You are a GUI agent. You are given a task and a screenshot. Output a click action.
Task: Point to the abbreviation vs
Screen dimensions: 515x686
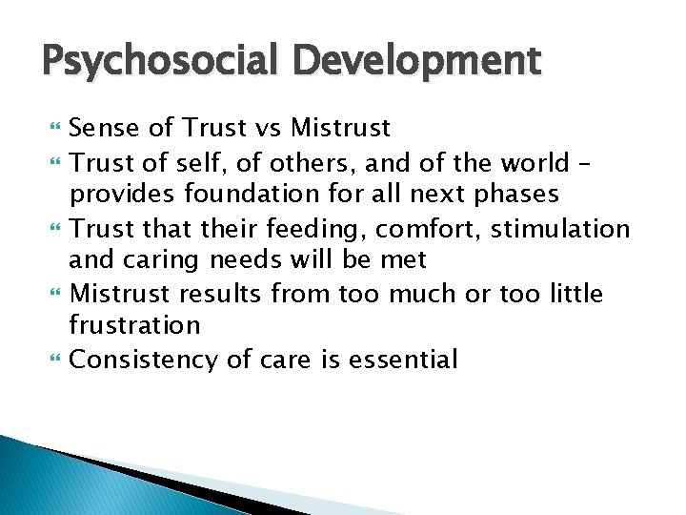tap(268, 128)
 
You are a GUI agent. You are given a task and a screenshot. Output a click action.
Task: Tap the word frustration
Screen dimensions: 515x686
tap(134, 325)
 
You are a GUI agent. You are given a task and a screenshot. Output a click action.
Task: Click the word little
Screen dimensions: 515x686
tap(573, 293)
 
